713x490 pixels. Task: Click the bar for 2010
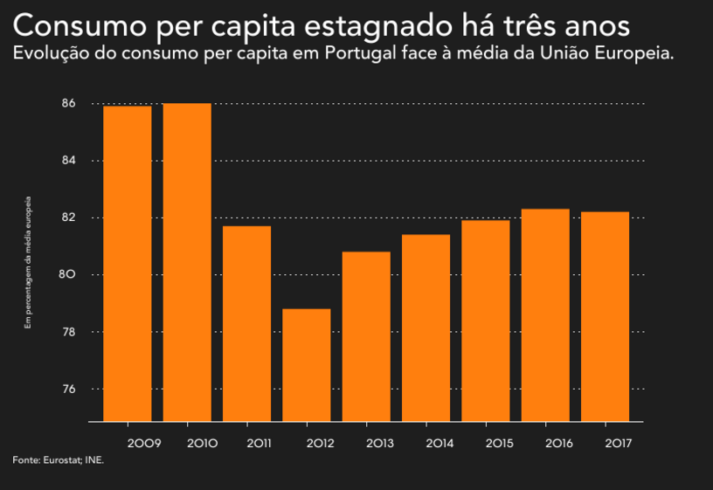(x=187, y=262)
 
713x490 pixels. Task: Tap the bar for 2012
(x=307, y=365)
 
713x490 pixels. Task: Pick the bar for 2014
(x=426, y=328)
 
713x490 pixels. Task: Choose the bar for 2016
(x=546, y=315)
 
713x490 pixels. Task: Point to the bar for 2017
(x=606, y=316)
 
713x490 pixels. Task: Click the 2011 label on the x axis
(x=259, y=444)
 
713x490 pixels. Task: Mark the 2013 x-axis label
(x=379, y=444)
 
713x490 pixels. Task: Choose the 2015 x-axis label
(x=499, y=444)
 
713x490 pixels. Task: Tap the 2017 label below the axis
(x=619, y=444)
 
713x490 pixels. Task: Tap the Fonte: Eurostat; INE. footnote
(x=59, y=459)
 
